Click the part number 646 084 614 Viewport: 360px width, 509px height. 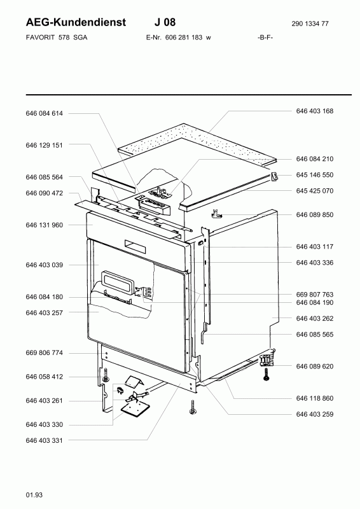tap(44, 113)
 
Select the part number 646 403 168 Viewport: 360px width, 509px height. tap(315, 111)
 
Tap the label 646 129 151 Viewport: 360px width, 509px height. tap(44, 145)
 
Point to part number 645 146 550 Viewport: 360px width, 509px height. tap(315, 175)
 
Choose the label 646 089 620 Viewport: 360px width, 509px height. tap(315, 366)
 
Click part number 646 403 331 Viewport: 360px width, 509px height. tap(44, 440)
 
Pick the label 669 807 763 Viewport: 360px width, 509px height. tap(315, 295)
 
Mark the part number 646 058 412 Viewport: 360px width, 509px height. tap(44, 377)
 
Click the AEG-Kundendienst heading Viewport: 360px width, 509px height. tap(76, 22)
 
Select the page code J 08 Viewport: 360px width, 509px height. tap(165, 22)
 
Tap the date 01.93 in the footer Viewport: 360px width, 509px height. tap(34, 495)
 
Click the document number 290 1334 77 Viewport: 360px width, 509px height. tap(310, 24)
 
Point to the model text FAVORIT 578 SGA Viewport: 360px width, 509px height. tap(57, 38)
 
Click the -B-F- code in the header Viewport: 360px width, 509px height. tap(265, 38)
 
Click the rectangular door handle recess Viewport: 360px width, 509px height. tap(117, 282)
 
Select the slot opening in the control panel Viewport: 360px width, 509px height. tap(135, 248)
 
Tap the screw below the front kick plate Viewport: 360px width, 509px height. tap(192, 407)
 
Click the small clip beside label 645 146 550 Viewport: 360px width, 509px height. tap(275, 177)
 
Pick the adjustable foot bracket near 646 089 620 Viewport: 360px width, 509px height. tap(267, 360)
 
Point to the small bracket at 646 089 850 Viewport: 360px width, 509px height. tap(216, 214)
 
